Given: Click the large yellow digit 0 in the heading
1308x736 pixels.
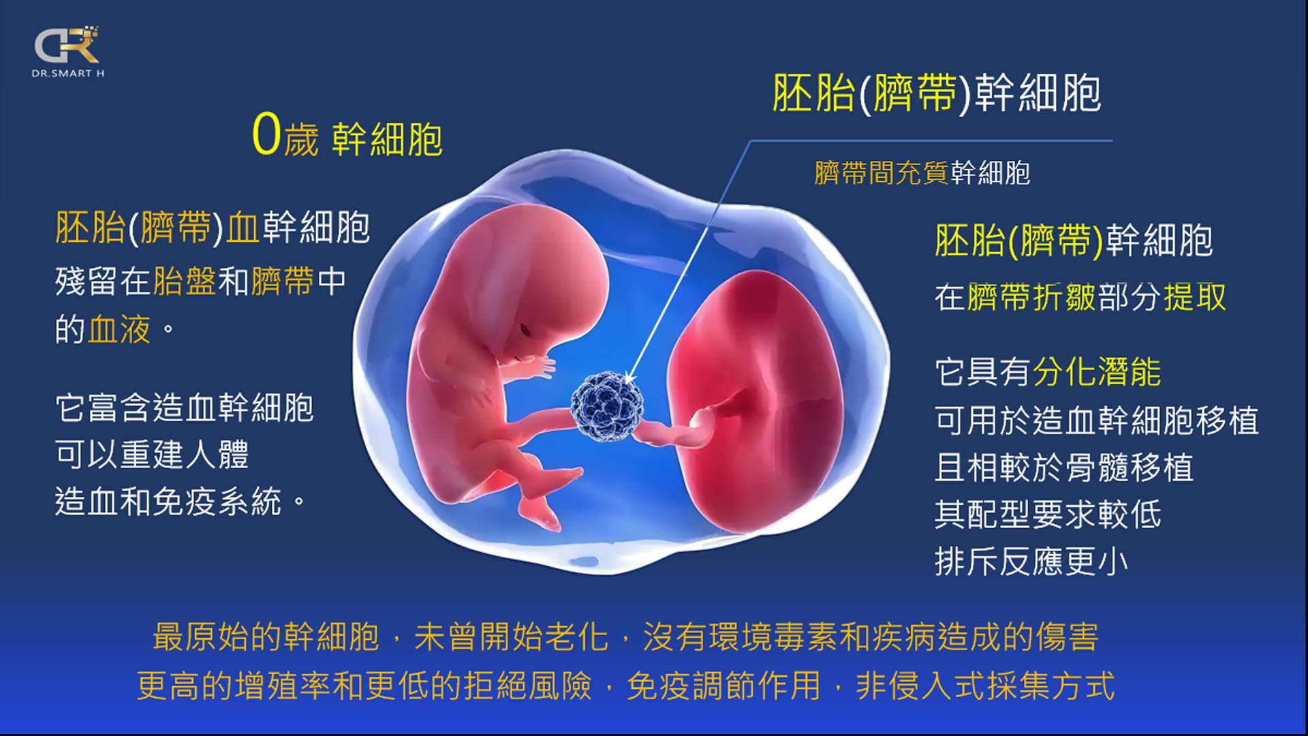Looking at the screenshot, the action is click(266, 134).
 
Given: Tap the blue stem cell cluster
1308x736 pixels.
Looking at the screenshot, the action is click(606, 407).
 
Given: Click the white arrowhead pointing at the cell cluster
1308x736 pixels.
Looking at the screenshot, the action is click(630, 377).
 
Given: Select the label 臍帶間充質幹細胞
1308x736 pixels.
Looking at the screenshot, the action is click(922, 173).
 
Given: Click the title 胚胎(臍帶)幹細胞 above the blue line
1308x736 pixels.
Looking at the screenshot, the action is click(937, 93).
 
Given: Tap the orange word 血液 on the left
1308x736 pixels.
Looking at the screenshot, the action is click(119, 329).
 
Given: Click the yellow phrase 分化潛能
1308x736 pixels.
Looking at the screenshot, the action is click(1097, 372).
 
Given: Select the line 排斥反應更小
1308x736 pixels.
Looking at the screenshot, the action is click(1031, 562).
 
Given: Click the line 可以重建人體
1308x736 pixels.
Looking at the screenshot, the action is click(151, 454).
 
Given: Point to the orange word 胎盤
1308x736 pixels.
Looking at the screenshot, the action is click(185, 281).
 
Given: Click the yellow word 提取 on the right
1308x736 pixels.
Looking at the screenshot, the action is click(1194, 297).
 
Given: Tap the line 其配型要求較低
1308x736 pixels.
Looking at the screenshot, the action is click(1048, 514).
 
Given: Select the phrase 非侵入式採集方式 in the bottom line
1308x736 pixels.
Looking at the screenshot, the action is click(985, 686).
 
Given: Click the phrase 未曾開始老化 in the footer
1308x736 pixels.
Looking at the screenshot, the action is click(511, 637).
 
